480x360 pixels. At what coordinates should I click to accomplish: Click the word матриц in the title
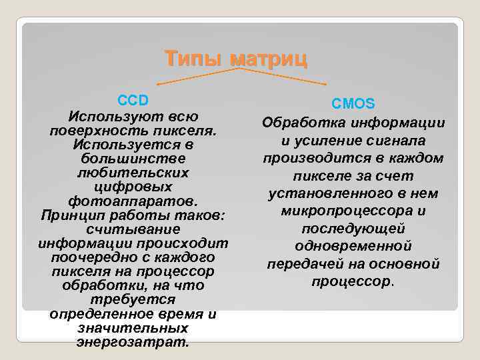click(x=268, y=59)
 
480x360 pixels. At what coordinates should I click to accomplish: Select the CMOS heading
click(x=353, y=104)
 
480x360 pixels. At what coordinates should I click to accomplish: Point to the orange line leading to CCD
click(x=193, y=76)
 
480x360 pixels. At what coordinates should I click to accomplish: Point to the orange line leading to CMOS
click(x=287, y=77)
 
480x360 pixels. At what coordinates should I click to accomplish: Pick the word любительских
click(x=133, y=172)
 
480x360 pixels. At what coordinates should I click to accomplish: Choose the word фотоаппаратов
click(x=133, y=201)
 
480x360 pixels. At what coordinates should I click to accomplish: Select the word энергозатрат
click(x=133, y=342)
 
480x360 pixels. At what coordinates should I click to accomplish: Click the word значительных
click(x=133, y=328)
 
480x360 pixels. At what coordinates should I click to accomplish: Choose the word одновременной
click(x=353, y=246)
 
